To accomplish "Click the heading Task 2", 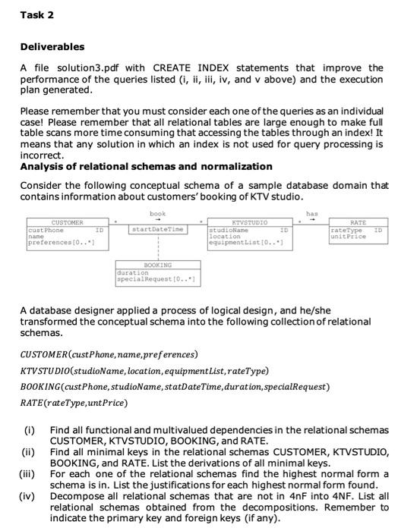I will pyautogui.click(x=36, y=15).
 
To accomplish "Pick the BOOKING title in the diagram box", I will pyautogui.click(x=158, y=265).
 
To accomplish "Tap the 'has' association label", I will pyautogui.click(x=311, y=214).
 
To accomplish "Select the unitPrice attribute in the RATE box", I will pyautogui.click(x=347, y=237).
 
